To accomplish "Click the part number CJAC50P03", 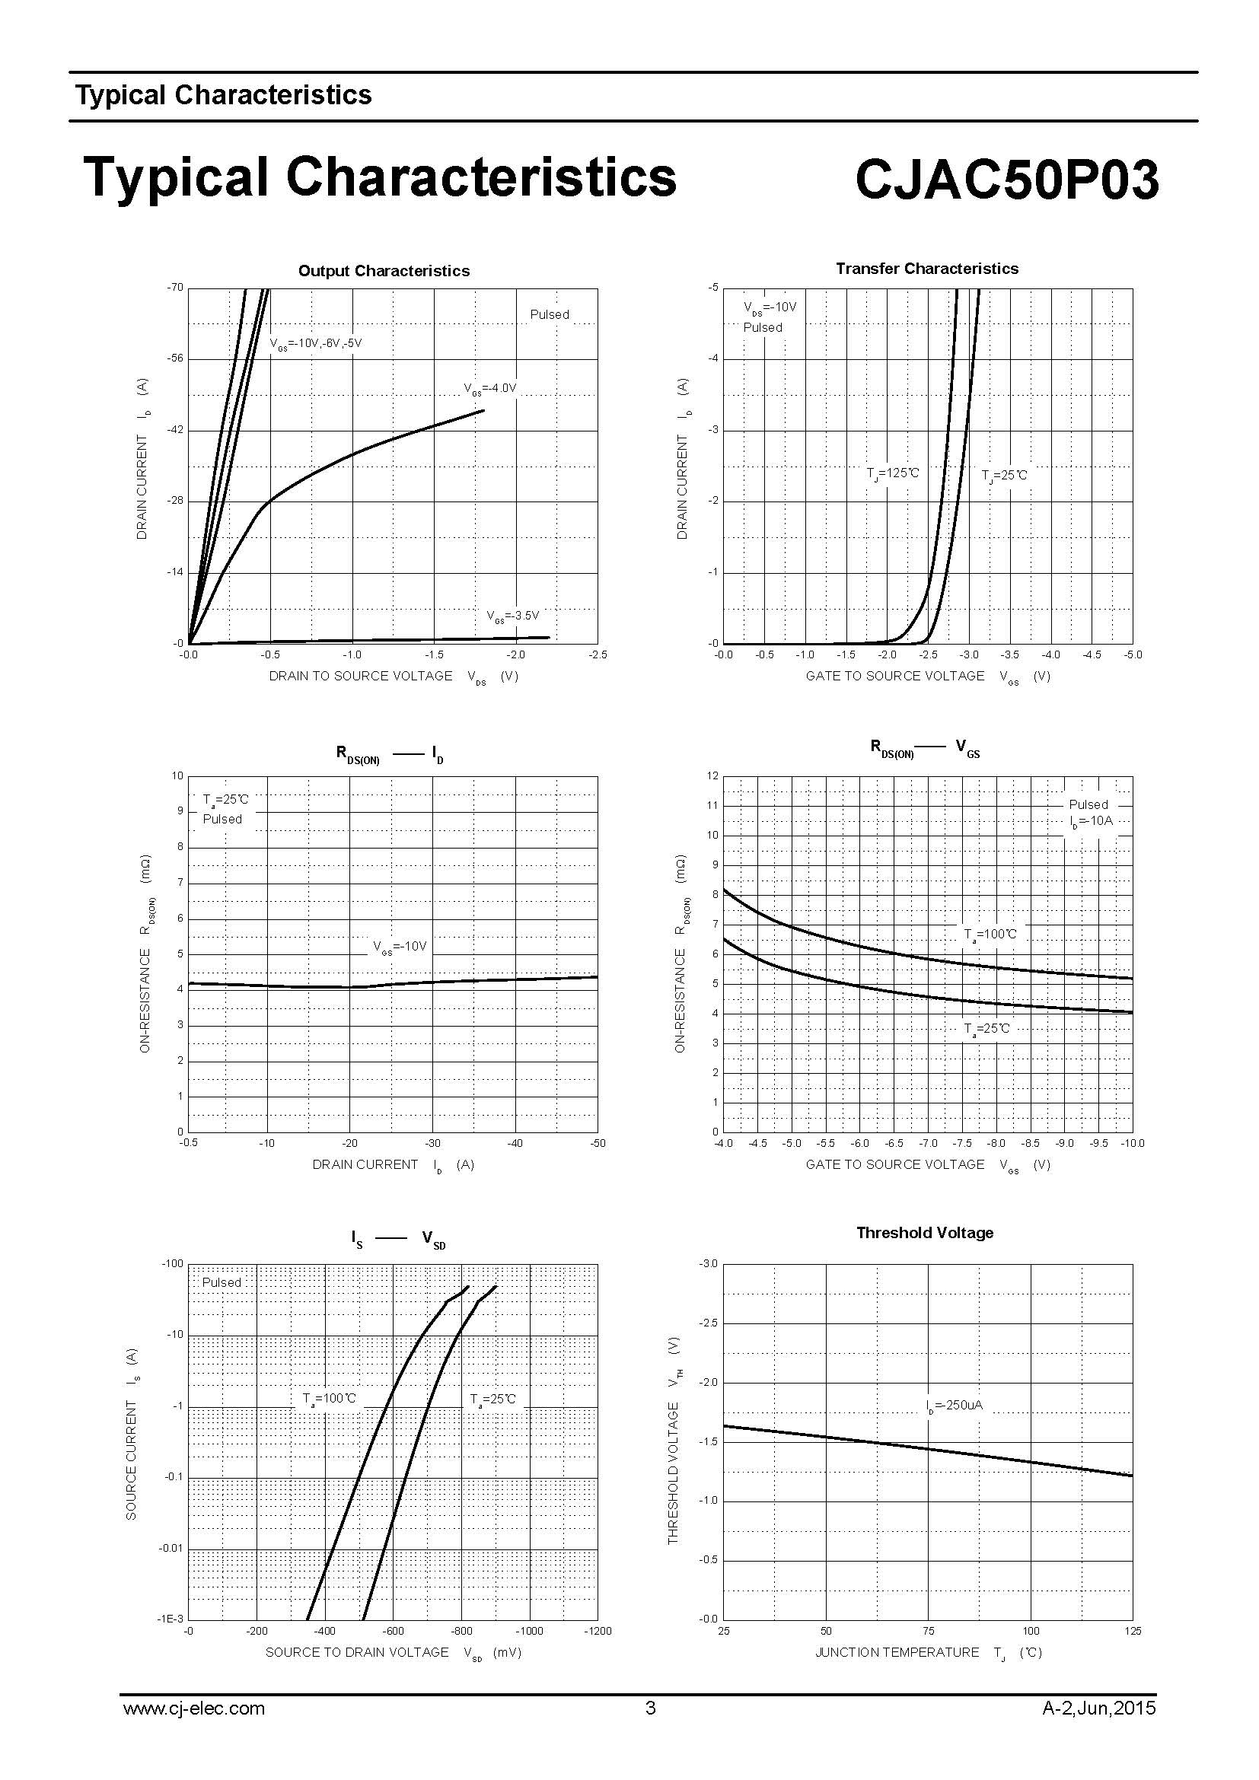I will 1007,179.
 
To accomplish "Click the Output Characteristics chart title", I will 384,271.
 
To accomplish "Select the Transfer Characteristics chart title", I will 926,268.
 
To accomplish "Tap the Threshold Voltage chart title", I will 924,1233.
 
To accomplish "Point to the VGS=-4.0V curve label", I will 490,387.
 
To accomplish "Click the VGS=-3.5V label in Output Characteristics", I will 512,616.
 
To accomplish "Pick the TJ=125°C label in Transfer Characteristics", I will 892,473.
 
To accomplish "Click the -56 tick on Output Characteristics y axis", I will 175,358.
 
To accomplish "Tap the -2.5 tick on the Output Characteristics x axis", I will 598,655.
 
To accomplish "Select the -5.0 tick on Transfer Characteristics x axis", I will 1133,655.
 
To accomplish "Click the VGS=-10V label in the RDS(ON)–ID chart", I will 400,947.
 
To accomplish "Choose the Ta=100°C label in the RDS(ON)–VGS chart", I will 990,935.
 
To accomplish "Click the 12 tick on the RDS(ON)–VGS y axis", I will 712,776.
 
